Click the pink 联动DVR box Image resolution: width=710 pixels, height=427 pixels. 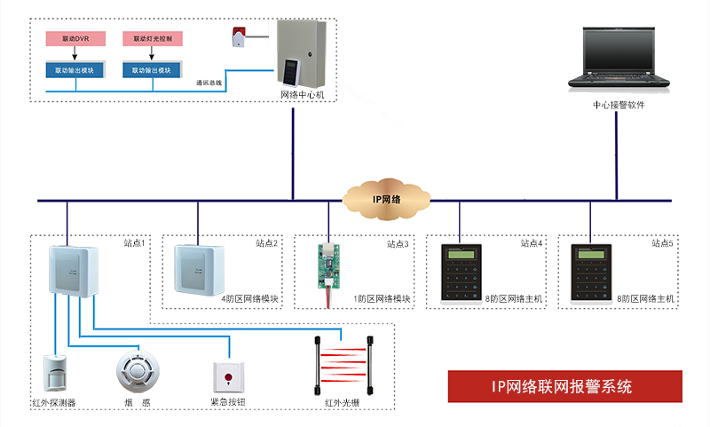[x=75, y=39]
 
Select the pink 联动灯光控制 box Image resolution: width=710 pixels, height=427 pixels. [x=153, y=39]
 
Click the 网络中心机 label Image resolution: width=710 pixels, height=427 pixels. [x=302, y=94]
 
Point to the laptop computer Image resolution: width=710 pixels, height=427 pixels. [x=618, y=59]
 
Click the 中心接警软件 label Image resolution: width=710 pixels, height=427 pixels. [x=619, y=105]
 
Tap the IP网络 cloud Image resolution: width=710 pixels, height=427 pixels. [x=384, y=199]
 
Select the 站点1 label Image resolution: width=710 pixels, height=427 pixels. [x=135, y=242]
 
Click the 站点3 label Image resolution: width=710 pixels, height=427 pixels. [x=398, y=242]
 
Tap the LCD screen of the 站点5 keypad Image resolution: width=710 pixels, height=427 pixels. [x=592, y=255]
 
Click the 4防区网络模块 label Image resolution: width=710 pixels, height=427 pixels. [x=249, y=299]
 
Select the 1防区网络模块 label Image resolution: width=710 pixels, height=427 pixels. [x=383, y=299]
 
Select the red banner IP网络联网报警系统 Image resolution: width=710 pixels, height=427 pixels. [x=564, y=387]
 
